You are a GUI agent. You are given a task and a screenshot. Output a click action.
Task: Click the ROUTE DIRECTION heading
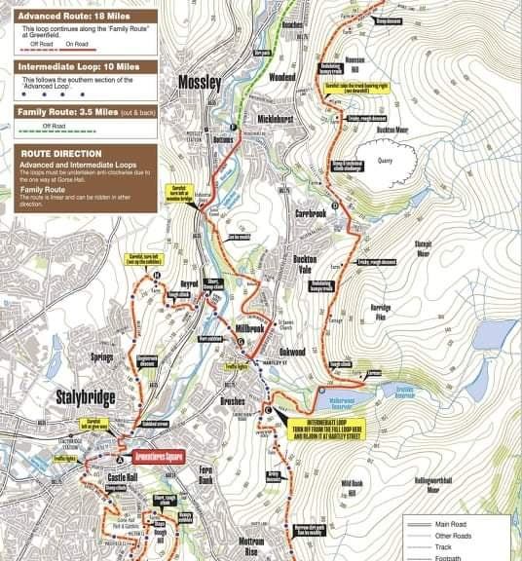pyautogui.click(x=58, y=154)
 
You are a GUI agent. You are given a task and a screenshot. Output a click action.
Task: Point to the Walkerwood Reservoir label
pyautogui.click(x=338, y=399)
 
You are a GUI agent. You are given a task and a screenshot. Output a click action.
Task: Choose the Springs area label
pyautogui.click(x=103, y=358)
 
